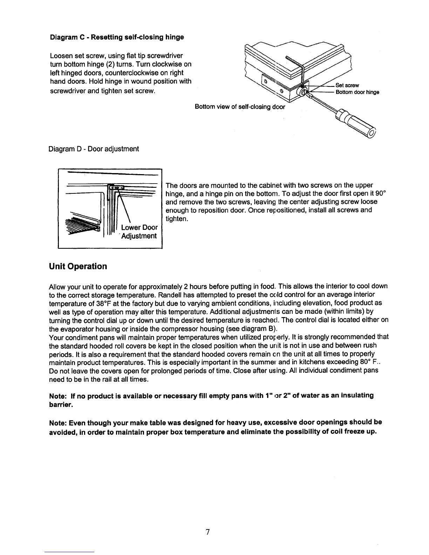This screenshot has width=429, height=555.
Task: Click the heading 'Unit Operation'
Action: [78, 266]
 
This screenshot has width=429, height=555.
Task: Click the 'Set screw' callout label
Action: [347, 85]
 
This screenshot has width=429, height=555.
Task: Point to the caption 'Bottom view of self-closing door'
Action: [240, 107]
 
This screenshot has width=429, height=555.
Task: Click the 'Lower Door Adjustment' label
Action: [139, 231]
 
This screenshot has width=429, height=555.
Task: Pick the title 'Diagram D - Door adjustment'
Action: [94, 149]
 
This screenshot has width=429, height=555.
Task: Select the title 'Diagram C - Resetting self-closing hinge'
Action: [117, 37]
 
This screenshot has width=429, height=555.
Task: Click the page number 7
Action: [207, 532]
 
